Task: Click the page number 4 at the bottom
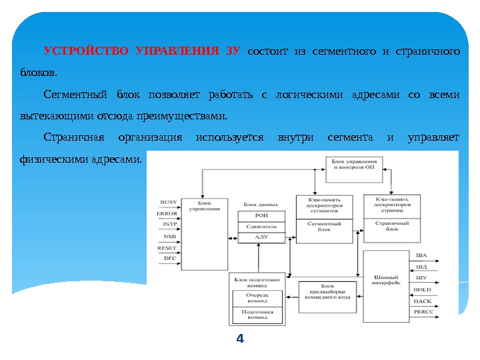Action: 241,339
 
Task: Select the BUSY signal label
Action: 169,201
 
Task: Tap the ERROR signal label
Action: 167,213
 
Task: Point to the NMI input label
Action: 170,236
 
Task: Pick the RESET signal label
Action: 167,247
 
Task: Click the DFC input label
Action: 170,257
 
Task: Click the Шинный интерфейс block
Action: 387,280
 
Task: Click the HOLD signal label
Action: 422,290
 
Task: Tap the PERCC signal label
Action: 423,311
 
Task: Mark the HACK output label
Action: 422,301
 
